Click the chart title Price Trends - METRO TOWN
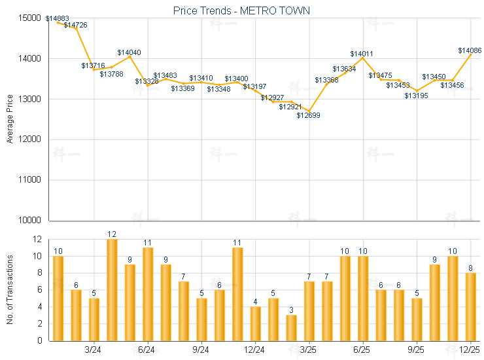click(241, 10)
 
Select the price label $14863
click(58, 18)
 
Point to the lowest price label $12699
click(308, 115)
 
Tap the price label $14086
click(470, 50)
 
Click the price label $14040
click(129, 52)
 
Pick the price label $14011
click(362, 54)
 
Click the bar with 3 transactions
click(291, 327)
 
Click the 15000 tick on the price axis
click(31, 18)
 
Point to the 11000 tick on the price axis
click(31, 180)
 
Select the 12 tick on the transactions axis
click(36, 240)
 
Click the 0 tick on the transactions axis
click(39, 340)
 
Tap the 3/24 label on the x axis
click(94, 350)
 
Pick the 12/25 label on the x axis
click(470, 350)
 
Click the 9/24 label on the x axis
click(201, 350)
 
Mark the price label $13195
click(416, 96)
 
